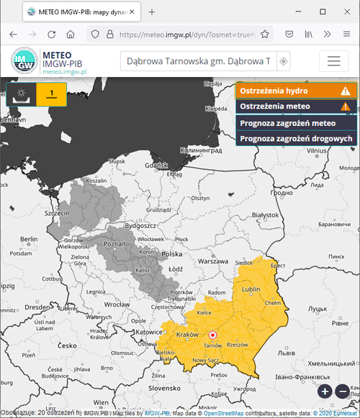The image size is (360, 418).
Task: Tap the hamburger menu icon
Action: [333, 61]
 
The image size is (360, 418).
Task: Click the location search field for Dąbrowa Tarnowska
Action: [198, 61]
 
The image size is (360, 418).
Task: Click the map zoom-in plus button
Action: [325, 391]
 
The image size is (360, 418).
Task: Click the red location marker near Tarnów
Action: [212, 335]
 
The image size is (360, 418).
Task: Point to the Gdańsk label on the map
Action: [156, 165]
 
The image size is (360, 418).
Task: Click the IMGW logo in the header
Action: [26, 61]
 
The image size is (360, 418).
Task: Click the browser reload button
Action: [51, 34]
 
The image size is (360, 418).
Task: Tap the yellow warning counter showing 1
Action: [52, 94]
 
